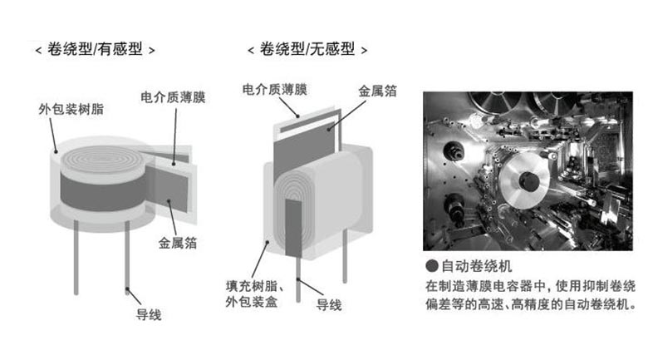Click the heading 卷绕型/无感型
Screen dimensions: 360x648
308,50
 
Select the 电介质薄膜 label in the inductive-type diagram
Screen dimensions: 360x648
174,97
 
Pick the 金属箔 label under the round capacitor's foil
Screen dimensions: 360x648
178,244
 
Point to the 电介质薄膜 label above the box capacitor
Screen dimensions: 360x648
275,87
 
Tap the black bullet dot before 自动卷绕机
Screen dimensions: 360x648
430,268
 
